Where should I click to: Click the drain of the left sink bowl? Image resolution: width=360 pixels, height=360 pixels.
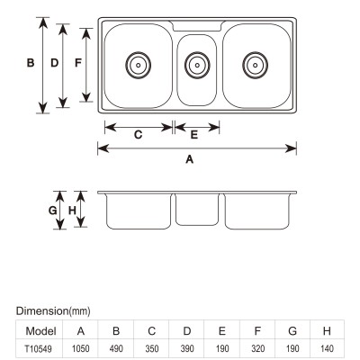pos(139,65)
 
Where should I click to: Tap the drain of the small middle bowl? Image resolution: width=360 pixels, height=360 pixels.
pos(197,65)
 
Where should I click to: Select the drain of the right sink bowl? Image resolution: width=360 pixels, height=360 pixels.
pos(256,65)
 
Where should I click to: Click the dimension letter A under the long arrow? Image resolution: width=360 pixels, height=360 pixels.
pos(190,159)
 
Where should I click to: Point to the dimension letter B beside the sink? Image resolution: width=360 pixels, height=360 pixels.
pos(31,63)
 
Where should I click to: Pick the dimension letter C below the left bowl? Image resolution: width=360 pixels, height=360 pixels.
pos(138,135)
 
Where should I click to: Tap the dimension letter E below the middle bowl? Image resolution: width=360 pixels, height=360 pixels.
pos(194,135)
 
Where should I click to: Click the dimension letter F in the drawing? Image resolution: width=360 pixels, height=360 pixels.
pos(78,63)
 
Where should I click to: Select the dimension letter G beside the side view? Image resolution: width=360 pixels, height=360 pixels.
pos(53,211)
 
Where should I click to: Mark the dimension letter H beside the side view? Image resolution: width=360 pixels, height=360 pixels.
pos(72,211)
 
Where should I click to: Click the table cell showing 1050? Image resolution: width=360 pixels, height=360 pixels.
pos(81,348)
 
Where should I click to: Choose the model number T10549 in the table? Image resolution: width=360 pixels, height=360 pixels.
pos(39,348)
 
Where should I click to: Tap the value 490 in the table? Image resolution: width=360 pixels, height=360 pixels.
pos(116,348)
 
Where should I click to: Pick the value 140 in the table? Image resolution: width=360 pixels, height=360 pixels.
pos(327,348)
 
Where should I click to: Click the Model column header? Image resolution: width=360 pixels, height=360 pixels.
pos(40,331)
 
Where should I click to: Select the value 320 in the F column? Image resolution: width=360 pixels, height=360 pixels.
pos(258,348)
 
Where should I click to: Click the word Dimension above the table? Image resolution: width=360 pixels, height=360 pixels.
pos(42,310)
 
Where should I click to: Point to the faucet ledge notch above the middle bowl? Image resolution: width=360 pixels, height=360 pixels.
pos(197,26)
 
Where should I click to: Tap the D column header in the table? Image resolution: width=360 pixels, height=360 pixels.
pos(186,331)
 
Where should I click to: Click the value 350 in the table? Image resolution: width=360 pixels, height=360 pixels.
pos(152,348)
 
